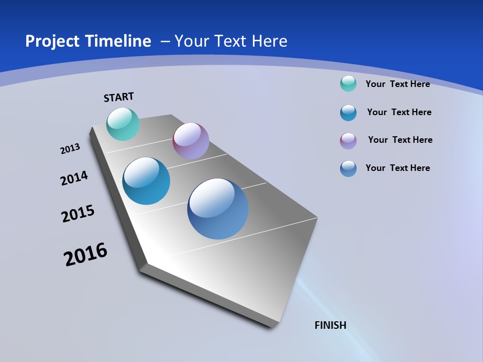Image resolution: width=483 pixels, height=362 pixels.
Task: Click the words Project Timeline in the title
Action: (88, 41)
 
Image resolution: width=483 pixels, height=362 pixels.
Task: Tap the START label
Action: (119, 97)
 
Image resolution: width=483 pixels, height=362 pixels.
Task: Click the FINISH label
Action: (331, 325)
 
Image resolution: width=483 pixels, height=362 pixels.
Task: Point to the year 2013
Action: (70, 149)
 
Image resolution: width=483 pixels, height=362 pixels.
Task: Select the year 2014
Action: (74, 178)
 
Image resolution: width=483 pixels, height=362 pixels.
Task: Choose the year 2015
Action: (78, 213)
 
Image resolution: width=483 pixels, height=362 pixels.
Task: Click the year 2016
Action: (86, 254)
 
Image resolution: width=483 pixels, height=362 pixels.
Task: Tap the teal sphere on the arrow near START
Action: (123, 124)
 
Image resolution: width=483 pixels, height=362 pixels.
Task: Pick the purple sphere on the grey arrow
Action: (191, 141)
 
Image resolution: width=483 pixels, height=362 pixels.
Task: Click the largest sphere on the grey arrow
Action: (218, 209)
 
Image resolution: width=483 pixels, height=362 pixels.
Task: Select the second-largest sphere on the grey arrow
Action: (146, 181)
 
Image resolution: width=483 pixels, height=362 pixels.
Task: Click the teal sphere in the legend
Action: (348, 83)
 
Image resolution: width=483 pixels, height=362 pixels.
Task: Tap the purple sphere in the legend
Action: (348, 141)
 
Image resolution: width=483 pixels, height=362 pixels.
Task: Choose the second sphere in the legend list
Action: (348, 113)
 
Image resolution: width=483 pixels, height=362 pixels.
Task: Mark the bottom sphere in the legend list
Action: (348, 168)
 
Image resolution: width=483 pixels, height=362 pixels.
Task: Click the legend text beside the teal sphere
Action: (397, 84)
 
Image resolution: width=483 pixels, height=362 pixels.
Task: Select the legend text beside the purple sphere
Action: (400, 140)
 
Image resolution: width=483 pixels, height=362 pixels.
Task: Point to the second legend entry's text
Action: (399, 112)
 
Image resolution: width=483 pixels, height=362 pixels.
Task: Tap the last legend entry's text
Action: (397, 168)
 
